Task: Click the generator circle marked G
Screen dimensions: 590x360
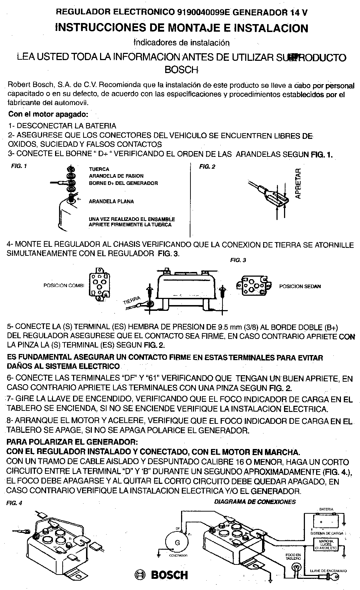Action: point(177,543)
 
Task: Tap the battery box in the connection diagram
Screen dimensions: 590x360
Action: point(326,521)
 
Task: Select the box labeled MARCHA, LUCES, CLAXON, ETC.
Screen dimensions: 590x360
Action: point(326,545)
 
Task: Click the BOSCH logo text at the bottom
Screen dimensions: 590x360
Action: point(169,575)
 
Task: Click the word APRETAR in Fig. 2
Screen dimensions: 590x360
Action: point(298,184)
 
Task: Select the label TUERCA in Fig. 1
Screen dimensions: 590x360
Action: point(99,169)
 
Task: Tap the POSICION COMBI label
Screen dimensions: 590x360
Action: point(64,286)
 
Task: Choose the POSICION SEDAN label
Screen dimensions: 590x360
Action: point(300,286)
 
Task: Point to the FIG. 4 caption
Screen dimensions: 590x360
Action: point(14,503)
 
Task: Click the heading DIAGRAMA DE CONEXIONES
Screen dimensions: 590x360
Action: point(255,501)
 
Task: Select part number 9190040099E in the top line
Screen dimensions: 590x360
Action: point(204,13)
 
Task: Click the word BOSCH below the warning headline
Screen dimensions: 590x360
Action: point(181,69)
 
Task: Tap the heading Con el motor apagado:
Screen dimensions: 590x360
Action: point(48,114)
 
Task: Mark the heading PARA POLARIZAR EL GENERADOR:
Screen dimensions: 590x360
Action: point(72,441)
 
